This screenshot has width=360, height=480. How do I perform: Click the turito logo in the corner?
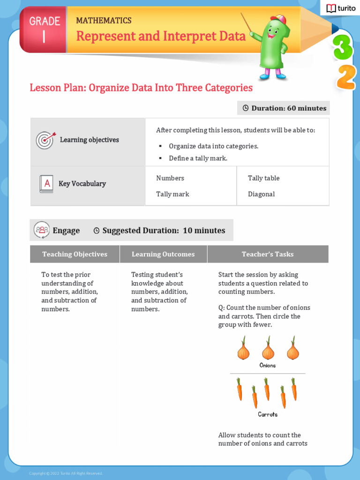click(341, 8)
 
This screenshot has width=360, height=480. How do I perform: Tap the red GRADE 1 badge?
click(44, 30)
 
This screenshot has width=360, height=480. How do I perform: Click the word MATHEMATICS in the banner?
click(104, 21)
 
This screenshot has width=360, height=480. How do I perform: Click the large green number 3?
click(343, 47)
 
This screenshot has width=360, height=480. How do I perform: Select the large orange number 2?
click(346, 77)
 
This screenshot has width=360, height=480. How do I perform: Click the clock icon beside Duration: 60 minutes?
click(245, 108)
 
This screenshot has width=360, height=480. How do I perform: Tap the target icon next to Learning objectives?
click(45, 140)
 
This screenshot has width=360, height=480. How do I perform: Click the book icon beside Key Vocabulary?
click(46, 184)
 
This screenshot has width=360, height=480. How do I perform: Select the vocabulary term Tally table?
click(263, 178)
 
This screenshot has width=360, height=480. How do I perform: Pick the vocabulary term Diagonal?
click(261, 194)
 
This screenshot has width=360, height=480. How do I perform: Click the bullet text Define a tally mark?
click(198, 158)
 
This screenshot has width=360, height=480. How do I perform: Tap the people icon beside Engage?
click(42, 230)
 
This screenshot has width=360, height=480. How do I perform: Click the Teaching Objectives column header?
click(75, 254)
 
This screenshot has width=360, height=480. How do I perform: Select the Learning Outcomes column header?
click(163, 254)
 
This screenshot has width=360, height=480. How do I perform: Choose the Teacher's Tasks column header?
click(268, 254)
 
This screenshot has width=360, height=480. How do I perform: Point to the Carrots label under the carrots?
click(268, 414)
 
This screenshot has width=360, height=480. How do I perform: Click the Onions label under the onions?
click(268, 365)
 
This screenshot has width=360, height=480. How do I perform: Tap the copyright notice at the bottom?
click(66, 473)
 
